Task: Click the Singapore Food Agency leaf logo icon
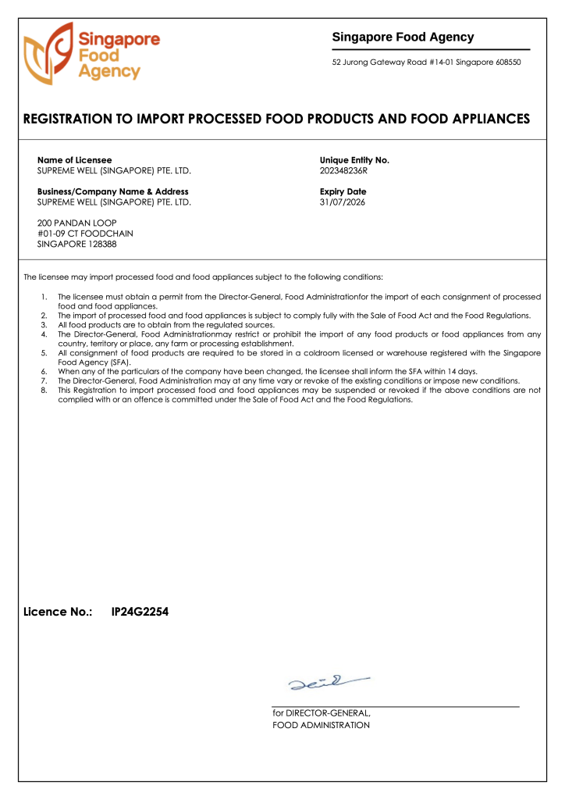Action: [x=48, y=53]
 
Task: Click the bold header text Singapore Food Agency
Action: [x=403, y=37]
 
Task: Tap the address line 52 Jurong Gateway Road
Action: [x=426, y=62]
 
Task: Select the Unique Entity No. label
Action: [x=354, y=160]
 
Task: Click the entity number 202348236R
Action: [x=343, y=170]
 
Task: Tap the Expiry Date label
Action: [x=343, y=191]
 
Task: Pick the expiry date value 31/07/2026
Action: [x=342, y=202]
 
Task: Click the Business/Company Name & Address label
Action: [x=112, y=191]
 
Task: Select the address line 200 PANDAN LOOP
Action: [x=76, y=223]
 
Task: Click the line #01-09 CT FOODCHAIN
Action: [x=85, y=234]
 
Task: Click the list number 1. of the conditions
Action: [x=44, y=298]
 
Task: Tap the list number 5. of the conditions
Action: [x=44, y=353]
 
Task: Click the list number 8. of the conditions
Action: [x=44, y=390]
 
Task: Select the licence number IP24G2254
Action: [x=140, y=612]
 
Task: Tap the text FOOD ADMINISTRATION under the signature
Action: [x=321, y=725]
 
